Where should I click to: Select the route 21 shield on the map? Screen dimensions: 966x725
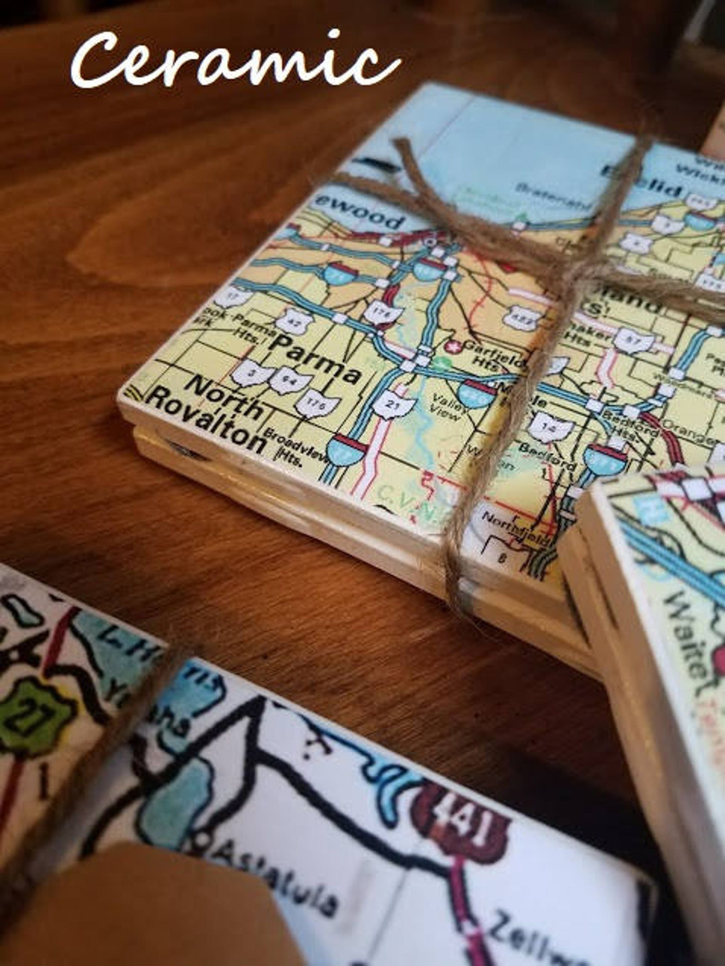tap(394, 404)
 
